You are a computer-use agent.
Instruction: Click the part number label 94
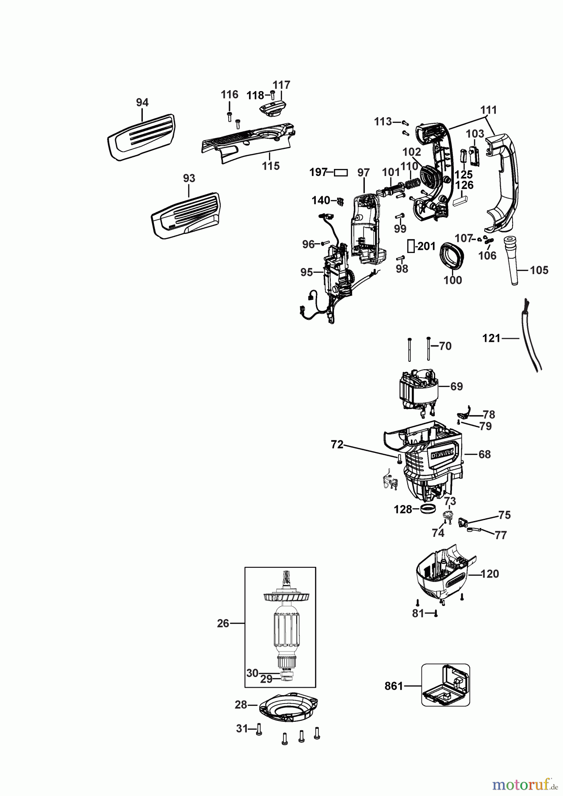click(x=142, y=103)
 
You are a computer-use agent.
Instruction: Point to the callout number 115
click(x=271, y=166)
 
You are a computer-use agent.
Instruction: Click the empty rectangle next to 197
click(x=341, y=172)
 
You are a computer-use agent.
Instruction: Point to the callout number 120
click(x=490, y=574)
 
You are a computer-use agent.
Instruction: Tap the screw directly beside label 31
click(x=259, y=729)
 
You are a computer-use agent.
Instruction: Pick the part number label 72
click(x=337, y=445)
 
